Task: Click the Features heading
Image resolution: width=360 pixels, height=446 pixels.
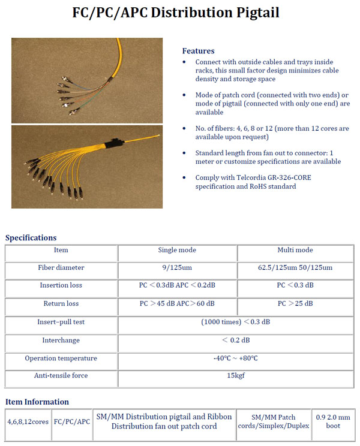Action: tap(198, 51)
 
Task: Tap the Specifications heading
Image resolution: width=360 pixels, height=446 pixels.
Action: tap(31, 238)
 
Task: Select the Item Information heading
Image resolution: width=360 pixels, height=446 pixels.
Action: tap(37, 402)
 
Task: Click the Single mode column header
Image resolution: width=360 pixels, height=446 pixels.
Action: tap(177, 250)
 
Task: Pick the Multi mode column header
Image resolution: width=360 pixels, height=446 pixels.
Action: tap(295, 250)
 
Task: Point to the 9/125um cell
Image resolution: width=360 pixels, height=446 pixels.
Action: tap(177, 267)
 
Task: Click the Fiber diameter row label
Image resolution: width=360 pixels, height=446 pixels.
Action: tap(61, 267)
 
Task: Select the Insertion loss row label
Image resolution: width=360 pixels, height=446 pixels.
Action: tap(61, 285)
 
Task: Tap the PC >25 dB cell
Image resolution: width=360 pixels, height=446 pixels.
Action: tap(295, 303)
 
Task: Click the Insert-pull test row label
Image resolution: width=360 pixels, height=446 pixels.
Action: tap(61, 322)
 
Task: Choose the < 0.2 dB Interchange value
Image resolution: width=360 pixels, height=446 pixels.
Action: tap(236, 340)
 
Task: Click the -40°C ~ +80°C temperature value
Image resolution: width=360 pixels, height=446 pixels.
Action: tap(236, 358)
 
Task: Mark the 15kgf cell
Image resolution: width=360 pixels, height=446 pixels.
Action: tap(236, 376)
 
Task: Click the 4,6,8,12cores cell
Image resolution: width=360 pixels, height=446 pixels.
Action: tap(28, 421)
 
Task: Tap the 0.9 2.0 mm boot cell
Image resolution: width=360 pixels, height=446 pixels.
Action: tap(333, 421)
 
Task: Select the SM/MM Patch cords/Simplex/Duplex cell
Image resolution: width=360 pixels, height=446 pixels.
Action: tap(280, 421)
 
